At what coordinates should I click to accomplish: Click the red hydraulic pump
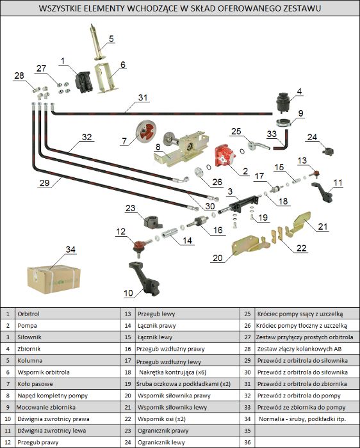[x=224, y=156]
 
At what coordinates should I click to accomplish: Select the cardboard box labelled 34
[x=53, y=279]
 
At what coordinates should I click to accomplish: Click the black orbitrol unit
[x=83, y=82]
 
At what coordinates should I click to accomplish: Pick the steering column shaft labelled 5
[x=98, y=42]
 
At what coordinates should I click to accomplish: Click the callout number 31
[x=143, y=98]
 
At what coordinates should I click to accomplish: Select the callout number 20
[x=217, y=258]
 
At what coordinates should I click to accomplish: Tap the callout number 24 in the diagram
[x=312, y=137]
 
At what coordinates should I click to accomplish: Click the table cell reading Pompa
[x=27, y=325]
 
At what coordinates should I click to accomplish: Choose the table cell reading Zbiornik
[x=29, y=349]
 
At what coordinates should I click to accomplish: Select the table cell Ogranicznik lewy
[x=161, y=443]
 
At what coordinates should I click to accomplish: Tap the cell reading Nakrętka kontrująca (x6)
[x=172, y=372]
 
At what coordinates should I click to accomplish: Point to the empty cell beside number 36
[x=307, y=443]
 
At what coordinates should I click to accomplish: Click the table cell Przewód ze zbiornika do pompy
[x=301, y=407]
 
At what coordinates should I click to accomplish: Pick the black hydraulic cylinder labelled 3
[x=240, y=204]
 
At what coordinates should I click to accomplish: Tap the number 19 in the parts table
[x=128, y=384]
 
